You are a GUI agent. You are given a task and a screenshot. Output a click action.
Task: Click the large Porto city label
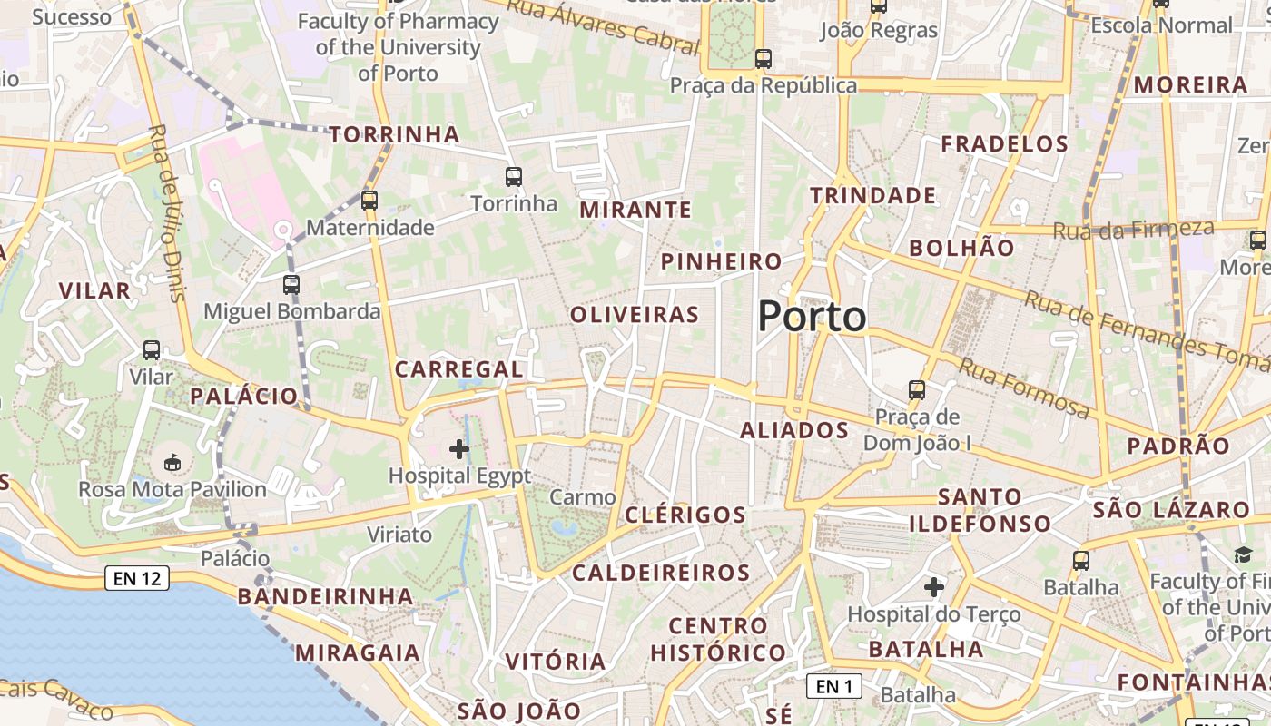point(812,316)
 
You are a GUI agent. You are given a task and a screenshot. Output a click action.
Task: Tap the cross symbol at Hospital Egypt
point(459,448)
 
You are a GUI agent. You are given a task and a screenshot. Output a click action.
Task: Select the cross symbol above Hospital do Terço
point(934,587)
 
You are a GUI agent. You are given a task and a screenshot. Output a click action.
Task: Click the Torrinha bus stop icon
point(514,177)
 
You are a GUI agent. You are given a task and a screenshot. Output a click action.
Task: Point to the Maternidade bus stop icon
point(369,201)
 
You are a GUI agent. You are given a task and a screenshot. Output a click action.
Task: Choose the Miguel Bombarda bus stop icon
point(291,285)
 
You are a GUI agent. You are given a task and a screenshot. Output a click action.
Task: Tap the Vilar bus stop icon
point(152,350)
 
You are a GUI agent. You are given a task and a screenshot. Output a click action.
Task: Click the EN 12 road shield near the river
point(137,577)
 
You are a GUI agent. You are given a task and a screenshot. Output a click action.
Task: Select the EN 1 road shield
point(833,687)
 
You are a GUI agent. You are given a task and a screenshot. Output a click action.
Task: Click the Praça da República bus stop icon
point(764,59)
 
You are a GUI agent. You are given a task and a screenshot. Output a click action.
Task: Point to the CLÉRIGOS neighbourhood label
point(685,515)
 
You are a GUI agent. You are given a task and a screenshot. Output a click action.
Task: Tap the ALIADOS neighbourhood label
point(794,430)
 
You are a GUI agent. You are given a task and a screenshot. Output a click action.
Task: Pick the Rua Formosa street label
point(1024,388)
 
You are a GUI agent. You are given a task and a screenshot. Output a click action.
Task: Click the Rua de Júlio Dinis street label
point(165,213)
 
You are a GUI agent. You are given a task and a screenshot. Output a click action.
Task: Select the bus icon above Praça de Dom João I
point(917,391)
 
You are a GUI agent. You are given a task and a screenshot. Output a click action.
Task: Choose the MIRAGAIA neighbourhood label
point(358,652)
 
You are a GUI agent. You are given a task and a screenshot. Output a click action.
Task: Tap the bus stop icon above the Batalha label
point(1080,561)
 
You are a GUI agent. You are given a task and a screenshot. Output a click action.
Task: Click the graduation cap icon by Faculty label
point(1242,554)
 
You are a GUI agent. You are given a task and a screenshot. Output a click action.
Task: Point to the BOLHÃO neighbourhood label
point(961,248)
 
